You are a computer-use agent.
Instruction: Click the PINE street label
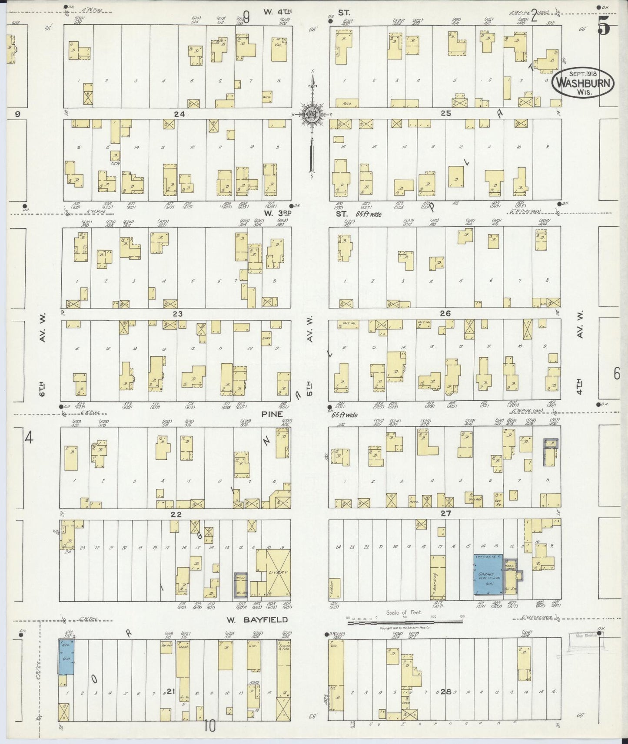272,415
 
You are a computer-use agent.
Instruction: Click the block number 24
179,114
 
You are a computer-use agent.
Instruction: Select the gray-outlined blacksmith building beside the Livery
240,586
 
